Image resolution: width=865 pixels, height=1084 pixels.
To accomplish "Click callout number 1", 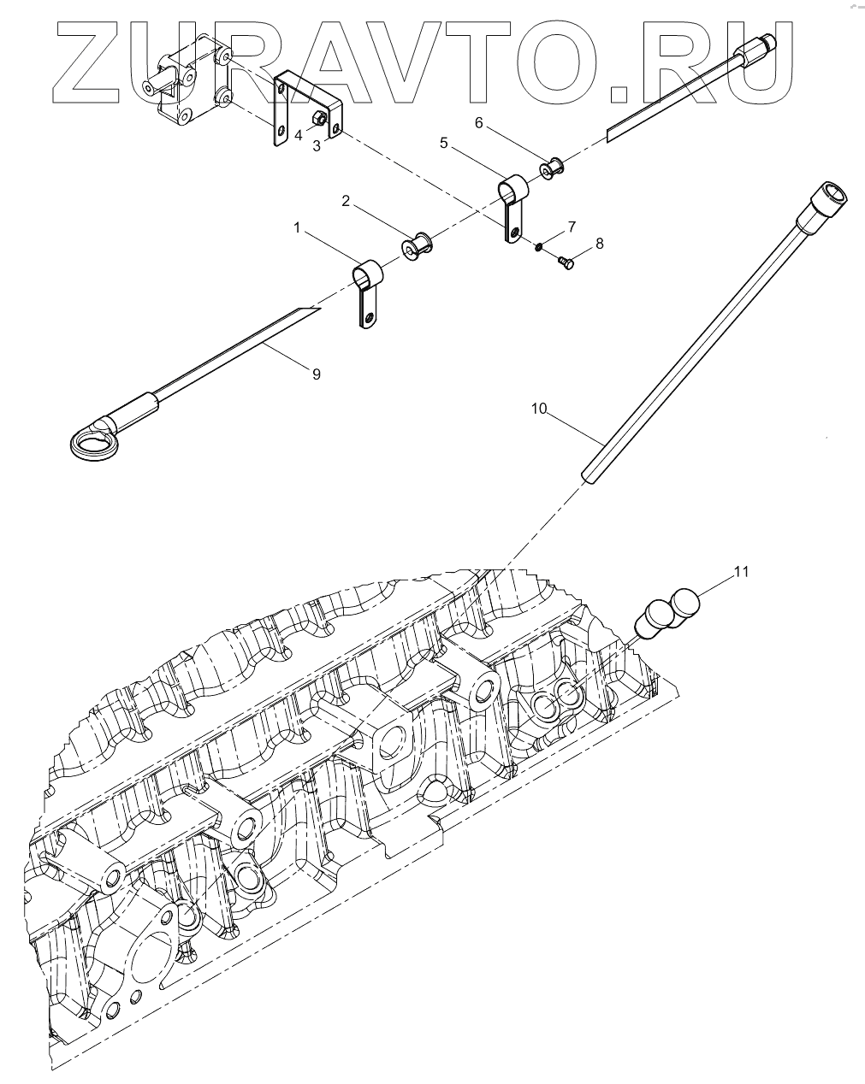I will coord(297,228).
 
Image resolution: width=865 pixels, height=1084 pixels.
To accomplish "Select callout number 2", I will coord(346,202).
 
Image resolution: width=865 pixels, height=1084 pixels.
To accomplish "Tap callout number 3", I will coord(317,146).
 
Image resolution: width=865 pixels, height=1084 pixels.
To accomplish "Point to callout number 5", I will coord(443,144).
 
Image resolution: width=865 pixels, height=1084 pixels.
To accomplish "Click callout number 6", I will coord(479,123).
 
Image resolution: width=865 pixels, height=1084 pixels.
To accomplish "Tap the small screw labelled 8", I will coord(566,263).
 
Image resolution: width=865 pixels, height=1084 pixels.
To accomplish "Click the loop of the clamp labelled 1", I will coord(367,275).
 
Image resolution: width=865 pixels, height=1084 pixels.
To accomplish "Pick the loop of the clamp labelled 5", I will coord(514,186).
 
